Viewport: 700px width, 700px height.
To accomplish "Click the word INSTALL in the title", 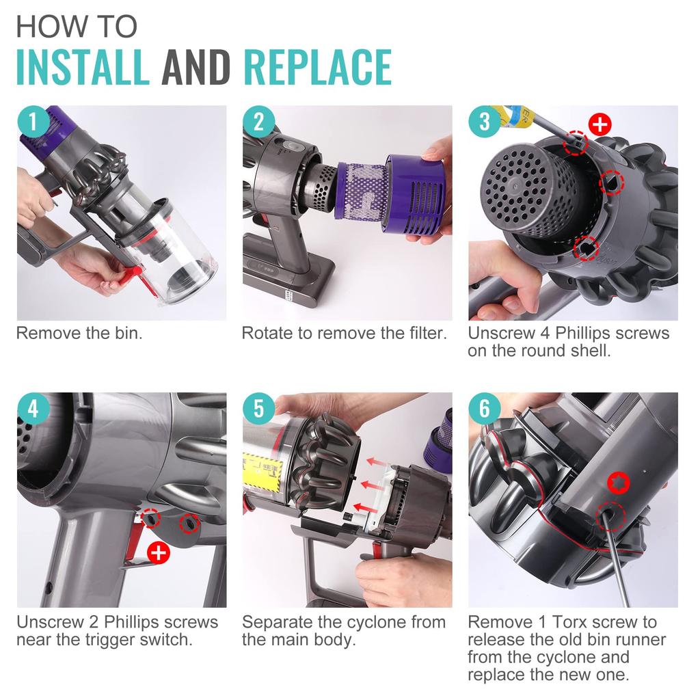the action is pos(83,67).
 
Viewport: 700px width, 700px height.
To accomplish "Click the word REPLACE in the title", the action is pos(318,67).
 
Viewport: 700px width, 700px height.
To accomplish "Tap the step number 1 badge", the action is pos(33,121).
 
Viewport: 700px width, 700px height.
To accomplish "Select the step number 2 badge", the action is pos(258,121).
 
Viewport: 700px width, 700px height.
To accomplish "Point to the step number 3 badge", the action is pos(485,121).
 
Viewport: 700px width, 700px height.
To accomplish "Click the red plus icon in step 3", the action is pos(600,124).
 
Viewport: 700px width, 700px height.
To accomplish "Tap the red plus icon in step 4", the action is pos(159,552).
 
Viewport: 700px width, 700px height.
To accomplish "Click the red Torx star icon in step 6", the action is pos(619,482).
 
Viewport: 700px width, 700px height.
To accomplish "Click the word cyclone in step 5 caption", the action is pos(383,623).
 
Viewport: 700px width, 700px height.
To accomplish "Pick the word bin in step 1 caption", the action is pos(128,333).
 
